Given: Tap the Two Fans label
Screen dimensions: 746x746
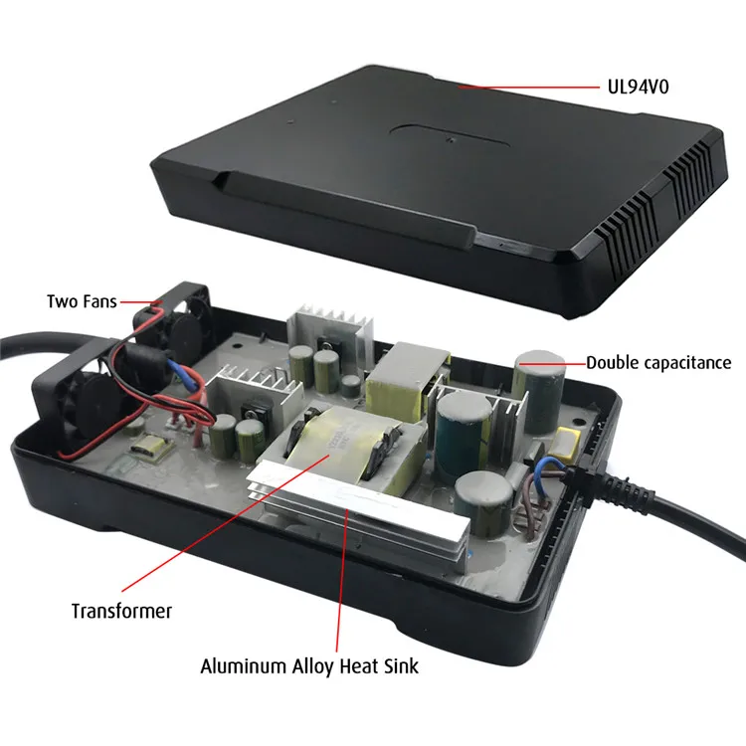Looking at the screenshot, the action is click(81, 299).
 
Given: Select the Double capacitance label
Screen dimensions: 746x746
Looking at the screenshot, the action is click(657, 363).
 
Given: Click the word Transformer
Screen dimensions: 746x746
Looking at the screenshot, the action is click(121, 610).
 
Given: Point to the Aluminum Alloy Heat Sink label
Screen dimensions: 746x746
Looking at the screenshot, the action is click(309, 665).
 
